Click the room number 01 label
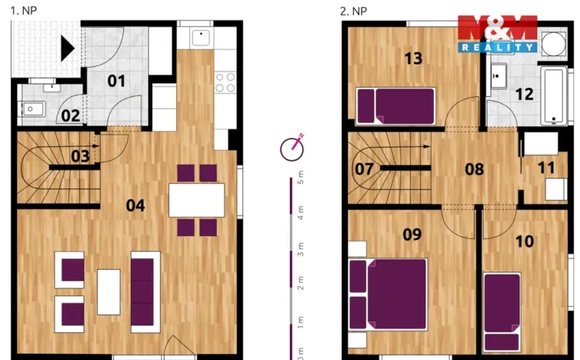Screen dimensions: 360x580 pos(116,81)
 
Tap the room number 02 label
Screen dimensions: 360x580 pos(70,116)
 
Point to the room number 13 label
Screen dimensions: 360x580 pos(413,59)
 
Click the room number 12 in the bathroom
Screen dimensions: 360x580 pos(524,95)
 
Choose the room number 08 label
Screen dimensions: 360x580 pos(475,168)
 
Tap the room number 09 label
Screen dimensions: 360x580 pos(412,234)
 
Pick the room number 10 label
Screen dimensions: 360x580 pos(524,241)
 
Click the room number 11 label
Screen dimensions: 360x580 pos(546,168)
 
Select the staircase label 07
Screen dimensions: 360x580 pos(364,168)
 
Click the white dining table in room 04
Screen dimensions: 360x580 pos(197,199)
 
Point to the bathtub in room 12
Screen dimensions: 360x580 pos(555,96)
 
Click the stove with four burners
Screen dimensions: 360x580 pos(225,82)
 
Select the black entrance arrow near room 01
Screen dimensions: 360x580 pos(68,49)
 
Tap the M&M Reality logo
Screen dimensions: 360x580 pos(497,33)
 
